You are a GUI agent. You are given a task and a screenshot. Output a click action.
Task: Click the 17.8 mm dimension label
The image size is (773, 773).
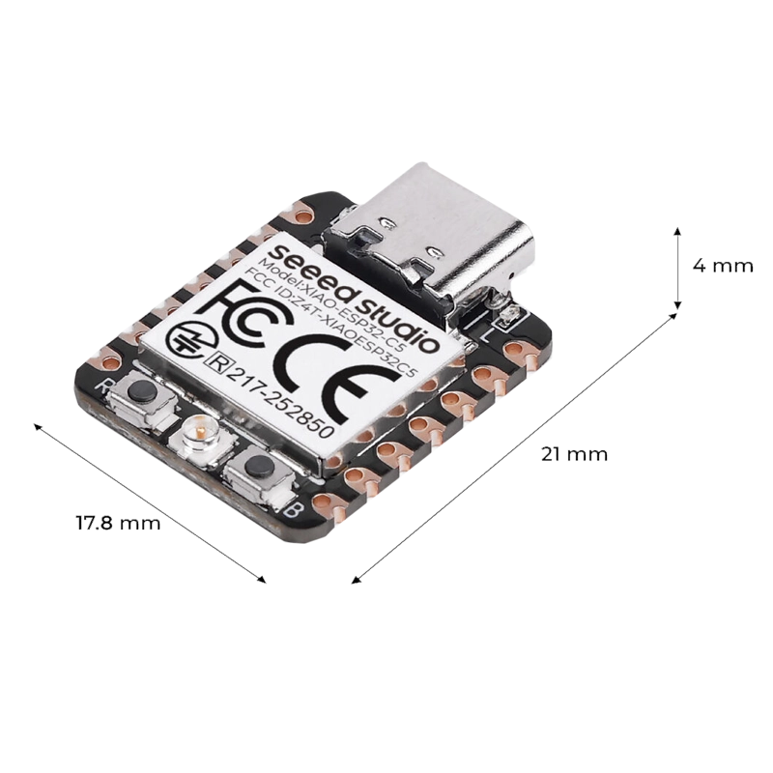[x=118, y=523]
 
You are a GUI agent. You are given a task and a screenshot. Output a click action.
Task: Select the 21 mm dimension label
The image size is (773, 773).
[x=574, y=454]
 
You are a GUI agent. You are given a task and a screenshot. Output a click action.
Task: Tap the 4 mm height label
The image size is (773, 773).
[x=723, y=267]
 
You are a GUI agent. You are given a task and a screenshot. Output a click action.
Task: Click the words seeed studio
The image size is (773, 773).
[x=354, y=296]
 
